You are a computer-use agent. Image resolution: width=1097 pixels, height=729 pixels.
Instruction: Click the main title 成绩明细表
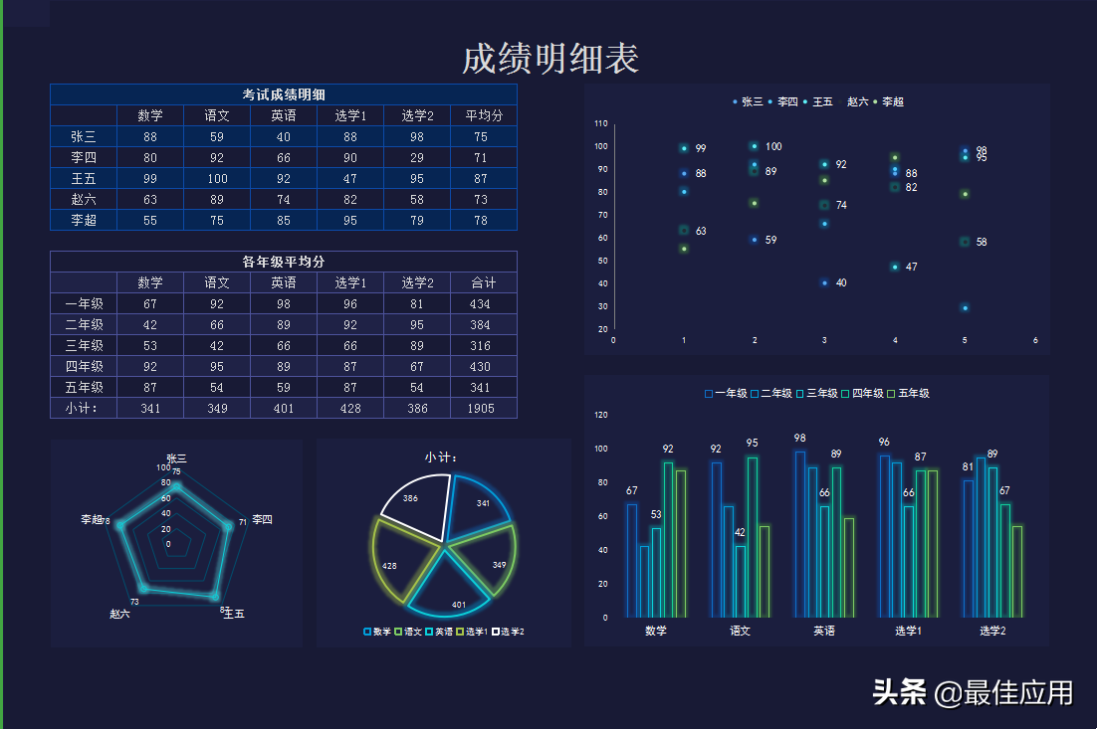549,59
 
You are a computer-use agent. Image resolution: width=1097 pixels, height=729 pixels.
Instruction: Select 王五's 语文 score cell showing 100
217,179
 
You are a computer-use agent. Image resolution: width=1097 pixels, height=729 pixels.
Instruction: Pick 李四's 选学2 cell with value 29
417,158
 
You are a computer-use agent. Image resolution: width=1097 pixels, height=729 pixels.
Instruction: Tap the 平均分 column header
483,116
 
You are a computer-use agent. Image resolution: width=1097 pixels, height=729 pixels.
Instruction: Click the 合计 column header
483,283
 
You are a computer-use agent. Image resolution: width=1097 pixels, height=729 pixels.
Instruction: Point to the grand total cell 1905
483,409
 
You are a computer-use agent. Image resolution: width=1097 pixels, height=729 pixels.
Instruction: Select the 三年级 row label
84,346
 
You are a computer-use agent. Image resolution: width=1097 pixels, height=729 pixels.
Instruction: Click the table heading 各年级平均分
284,262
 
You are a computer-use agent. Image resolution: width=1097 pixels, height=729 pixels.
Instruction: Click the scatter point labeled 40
824,283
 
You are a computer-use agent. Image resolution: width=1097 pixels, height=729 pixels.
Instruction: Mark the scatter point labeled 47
895,267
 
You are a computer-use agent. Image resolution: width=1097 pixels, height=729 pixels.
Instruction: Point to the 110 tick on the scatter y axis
601,124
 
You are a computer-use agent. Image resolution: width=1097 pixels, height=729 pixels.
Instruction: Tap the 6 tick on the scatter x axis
1035,340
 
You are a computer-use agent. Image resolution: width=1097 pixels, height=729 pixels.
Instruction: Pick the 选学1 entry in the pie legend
473,632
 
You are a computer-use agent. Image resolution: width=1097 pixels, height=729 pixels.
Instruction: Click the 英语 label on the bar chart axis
824,631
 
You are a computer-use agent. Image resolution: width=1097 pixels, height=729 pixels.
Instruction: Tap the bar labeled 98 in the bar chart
799,532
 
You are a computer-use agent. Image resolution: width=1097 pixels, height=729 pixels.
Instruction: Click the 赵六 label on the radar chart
120,614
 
